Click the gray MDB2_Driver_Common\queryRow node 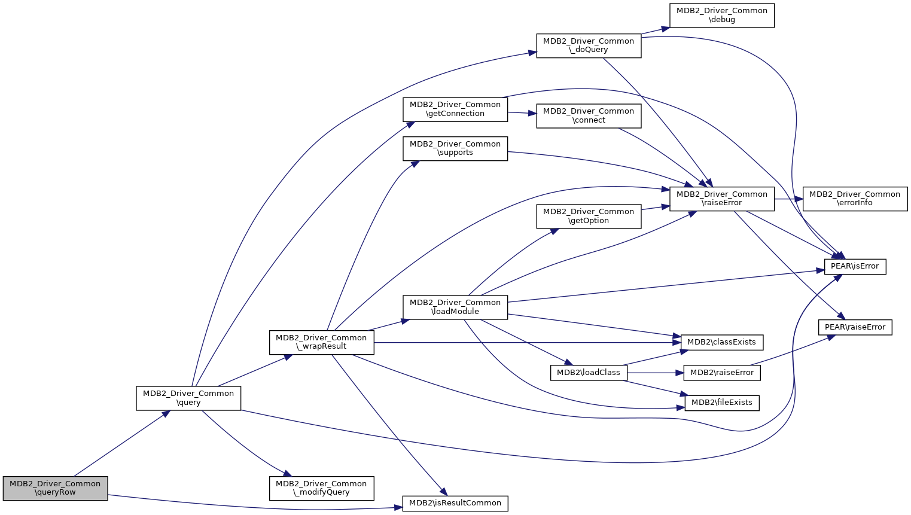click(55, 488)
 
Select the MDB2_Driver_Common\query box click(188, 398)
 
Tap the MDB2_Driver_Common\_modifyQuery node click(321, 488)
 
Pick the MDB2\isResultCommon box click(455, 503)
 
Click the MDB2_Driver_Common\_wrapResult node click(321, 342)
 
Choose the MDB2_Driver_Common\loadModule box click(455, 307)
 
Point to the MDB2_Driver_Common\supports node click(455, 148)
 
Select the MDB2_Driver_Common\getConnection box click(455, 109)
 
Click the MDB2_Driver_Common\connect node click(589, 115)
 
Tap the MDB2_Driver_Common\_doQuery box click(589, 45)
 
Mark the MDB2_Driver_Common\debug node click(721, 15)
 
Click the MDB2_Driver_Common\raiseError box click(721, 199)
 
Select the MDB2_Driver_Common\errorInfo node click(854, 199)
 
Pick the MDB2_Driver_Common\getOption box click(589, 216)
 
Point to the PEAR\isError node click(854, 266)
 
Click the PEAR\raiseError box click(854, 327)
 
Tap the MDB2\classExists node click(721, 342)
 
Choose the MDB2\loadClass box click(589, 373)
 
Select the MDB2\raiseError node click(721, 373)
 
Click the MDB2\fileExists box click(721, 403)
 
